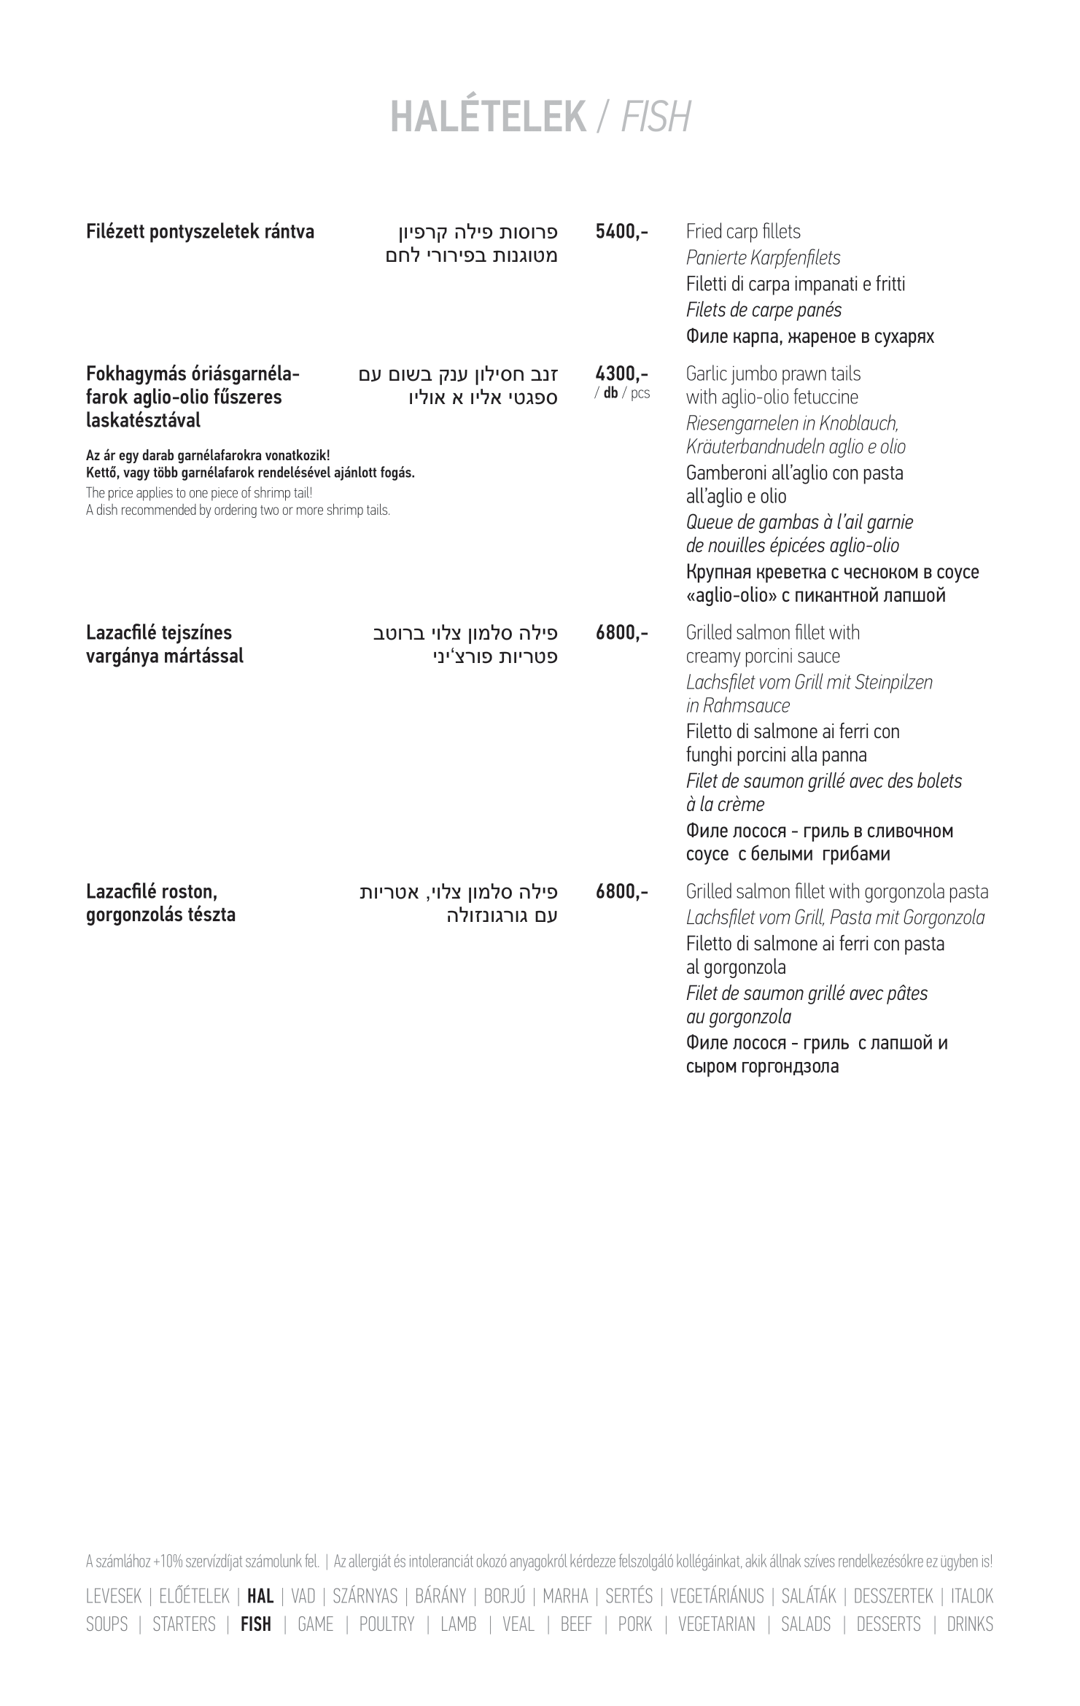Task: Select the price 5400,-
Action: point(621,233)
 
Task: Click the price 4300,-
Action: point(621,374)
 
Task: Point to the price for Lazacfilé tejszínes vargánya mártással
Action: point(621,633)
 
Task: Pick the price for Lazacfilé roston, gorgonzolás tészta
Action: point(621,892)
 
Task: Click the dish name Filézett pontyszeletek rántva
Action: point(200,233)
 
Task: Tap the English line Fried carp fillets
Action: point(742,232)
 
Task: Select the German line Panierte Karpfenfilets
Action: point(763,258)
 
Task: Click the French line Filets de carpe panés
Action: point(763,311)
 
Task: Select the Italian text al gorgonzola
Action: point(735,968)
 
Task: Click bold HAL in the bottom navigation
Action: point(260,1597)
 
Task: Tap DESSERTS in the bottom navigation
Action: point(888,1624)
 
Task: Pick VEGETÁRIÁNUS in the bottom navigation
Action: point(717,1597)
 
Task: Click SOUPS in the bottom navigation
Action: point(106,1624)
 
